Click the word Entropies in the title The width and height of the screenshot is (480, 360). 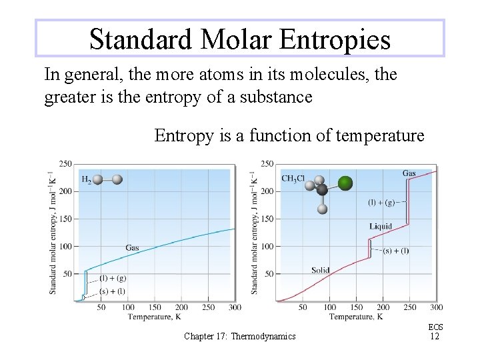[335, 39]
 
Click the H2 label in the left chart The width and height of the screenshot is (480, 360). [87, 180]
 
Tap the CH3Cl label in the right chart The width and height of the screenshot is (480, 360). [293, 179]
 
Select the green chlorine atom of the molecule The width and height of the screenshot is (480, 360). [345, 183]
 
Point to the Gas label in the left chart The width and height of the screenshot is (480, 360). [132, 248]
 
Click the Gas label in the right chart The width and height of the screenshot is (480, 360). [409, 173]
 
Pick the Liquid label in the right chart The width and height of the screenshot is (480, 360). [381, 227]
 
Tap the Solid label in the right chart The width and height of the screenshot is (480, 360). [320, 270]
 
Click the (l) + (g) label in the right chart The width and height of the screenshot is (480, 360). [381, 202]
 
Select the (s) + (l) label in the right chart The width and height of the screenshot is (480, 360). [396, 251]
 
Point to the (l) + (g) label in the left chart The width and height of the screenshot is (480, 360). [113, 278]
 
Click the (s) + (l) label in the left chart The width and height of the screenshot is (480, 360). [112, 291]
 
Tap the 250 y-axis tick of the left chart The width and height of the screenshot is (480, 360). [65, 164]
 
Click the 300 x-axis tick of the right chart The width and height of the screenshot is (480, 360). [436, 307]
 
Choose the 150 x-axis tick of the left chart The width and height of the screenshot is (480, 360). [154, 307]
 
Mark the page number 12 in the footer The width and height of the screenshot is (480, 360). [435, 336]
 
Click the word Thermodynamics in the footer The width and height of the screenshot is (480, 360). [263, 337]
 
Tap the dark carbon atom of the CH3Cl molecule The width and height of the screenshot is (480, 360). [323, 190]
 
